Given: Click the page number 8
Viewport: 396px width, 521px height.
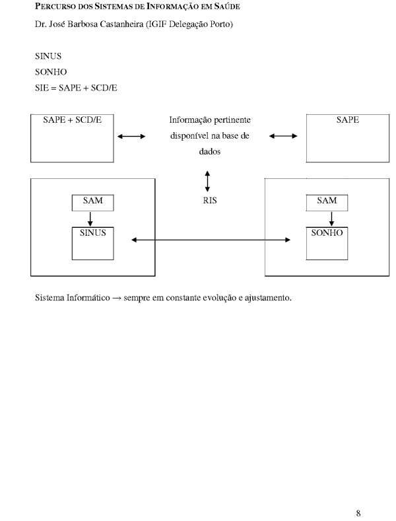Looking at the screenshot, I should (358, 512).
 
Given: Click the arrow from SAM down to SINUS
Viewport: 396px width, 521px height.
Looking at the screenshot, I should (90, 219).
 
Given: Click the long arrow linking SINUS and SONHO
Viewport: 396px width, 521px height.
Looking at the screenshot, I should (211, 240).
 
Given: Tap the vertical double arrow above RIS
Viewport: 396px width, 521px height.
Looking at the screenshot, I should (208, 181).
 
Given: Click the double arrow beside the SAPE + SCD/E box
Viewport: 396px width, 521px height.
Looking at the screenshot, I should (131, 137).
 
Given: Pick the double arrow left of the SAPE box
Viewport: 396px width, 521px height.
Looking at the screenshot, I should (283, 137).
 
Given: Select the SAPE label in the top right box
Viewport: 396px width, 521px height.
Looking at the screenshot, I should (348, 121).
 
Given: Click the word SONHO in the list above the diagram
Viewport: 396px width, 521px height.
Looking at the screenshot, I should (49, 72).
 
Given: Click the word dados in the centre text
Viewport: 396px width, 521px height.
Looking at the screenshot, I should (210, 151).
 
